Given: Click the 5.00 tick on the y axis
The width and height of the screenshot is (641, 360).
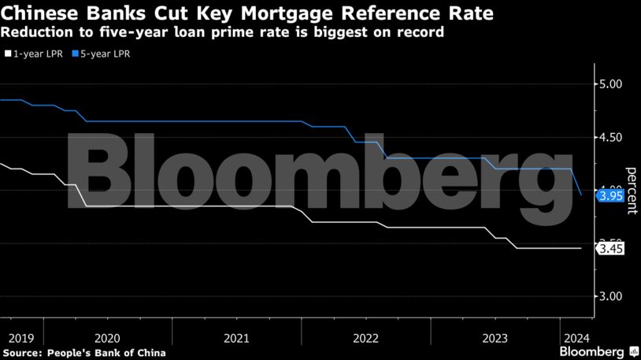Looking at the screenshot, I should pyautogui.click(x=611, y=85).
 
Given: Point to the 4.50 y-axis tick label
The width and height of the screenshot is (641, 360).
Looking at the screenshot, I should pyautogui.click(x=611, y=138).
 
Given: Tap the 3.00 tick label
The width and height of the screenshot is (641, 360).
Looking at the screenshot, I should pyautogui.click(x=611, y=296).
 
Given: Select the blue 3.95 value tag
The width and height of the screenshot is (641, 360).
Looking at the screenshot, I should pyautogui.click(x=611, y=195).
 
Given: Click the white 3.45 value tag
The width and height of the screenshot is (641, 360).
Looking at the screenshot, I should pyautogui.click(x=611, y=249).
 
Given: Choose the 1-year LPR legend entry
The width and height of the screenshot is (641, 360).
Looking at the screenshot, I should pyautogui.click(x=35, y=54).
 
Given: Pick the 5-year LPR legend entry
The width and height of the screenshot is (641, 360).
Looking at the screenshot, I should pyautogui.click(x=102, y=54).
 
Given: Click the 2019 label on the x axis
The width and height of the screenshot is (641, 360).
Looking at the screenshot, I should pyautogui.click(x=21, y=339).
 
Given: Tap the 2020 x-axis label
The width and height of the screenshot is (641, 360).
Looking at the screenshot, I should pyautogui.click(x=107, y=339).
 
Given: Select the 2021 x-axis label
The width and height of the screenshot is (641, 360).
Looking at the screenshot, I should pyautogui.click(x=236, y=339).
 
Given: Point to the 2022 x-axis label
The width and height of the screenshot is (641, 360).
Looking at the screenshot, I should pyautogui.click(x=365, y=339).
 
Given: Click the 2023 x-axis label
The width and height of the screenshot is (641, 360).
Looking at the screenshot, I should pyautogui.click(x=495, y=339).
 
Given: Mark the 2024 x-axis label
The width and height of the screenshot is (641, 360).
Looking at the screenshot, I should pyautogui.click(x=573, y=339).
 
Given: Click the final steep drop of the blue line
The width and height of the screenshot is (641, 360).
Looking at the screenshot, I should pyautogui.click(x=576, y=183).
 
